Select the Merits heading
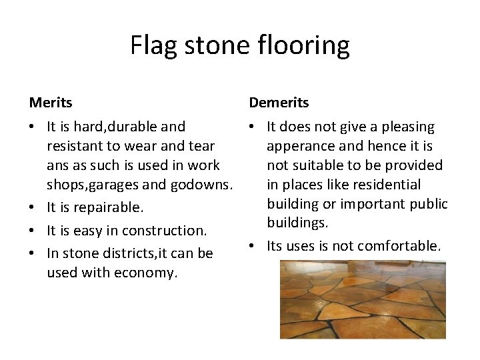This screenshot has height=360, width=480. [51, 103]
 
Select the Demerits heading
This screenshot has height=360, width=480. [279, 103]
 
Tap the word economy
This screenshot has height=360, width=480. [146, 272]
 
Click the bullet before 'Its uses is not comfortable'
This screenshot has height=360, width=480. [254, 246]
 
